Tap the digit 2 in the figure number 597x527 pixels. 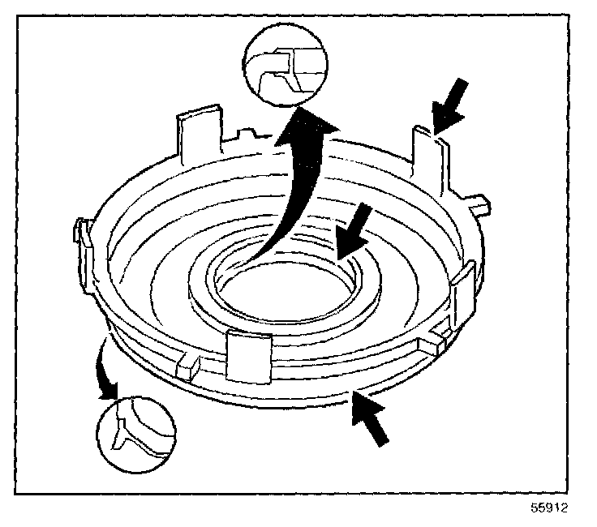[x=565, y=511]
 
